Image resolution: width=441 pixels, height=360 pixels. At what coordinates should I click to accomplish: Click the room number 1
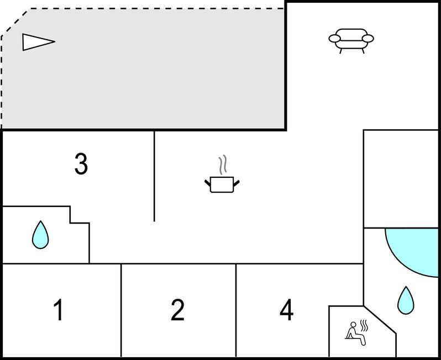coord(58,310)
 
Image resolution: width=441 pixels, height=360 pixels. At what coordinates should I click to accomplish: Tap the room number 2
coord(177,310)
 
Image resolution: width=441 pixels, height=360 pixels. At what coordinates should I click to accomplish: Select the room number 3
coord(81,164)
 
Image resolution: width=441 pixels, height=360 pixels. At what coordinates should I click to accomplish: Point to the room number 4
coord(286,310)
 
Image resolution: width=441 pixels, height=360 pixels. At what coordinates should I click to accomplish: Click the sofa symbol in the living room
coord(351,39)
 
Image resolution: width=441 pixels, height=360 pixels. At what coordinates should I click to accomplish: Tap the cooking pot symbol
coord(222,184)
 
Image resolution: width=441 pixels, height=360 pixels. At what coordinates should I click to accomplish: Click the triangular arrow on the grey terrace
coord(38,41)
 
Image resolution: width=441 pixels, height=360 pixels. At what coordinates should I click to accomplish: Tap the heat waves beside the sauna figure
coord(364,325)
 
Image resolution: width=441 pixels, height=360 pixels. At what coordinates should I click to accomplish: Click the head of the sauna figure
coord(353,325)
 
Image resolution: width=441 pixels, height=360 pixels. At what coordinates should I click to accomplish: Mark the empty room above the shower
coord(401,178)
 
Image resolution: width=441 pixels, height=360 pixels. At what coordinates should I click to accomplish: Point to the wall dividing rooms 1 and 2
coord(121,310)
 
